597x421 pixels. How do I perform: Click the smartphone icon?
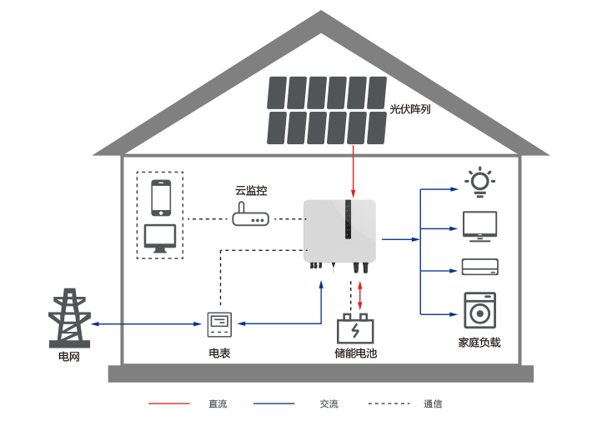point(160,198)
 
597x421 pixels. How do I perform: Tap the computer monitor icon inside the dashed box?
point(160,238)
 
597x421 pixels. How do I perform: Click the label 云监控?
point(251,190)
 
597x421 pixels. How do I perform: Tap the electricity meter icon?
point(219,323)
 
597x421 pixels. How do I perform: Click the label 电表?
point(219,353)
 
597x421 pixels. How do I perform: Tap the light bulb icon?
point(479,182)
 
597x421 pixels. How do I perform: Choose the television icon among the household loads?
point(479,226)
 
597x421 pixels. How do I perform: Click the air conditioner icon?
point(479,268)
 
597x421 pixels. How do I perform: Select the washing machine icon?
point(479,310)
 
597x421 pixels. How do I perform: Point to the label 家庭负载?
point(479,343)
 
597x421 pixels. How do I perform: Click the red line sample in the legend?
point(169,404)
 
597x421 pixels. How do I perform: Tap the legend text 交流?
point(329,404)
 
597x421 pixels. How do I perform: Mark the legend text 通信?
point(433,404)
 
